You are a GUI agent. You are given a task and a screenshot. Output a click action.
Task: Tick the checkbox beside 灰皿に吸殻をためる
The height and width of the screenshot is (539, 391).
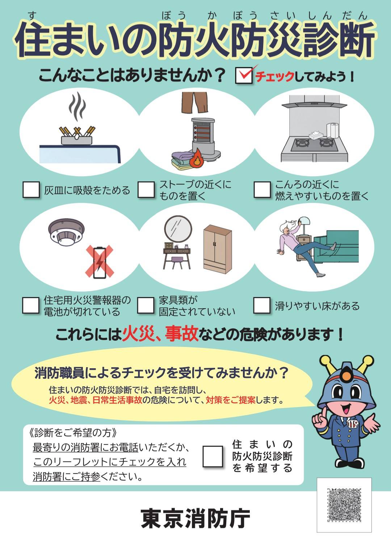click(31, 190)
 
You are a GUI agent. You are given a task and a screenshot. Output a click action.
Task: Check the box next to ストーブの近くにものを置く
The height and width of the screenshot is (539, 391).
click(146, 190)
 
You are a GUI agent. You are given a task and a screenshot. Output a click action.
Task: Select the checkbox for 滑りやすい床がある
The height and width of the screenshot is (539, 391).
click(262, 305)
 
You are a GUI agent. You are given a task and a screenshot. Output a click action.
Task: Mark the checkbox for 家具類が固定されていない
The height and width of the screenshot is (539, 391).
click(146, 305)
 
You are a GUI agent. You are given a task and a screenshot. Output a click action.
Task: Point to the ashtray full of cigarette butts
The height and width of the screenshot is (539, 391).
click(76, 136)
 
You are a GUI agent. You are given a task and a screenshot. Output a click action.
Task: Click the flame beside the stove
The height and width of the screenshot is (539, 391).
click(196, 158)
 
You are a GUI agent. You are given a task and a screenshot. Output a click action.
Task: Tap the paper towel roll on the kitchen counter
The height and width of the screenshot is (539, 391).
click(333, 131)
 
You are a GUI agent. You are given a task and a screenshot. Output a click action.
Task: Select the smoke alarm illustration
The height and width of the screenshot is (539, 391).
click(67, 232)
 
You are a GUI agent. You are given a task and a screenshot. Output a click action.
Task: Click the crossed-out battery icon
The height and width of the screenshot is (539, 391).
click(100, 262)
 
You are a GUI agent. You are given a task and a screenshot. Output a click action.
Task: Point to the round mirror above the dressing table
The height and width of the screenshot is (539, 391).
click(178, 229)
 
